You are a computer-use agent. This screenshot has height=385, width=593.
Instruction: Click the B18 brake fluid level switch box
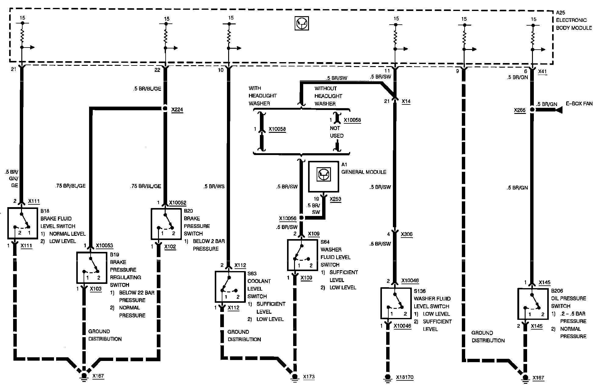click(x=21, y=223)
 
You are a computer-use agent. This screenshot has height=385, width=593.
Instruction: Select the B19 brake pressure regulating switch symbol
click(x=90, y=267)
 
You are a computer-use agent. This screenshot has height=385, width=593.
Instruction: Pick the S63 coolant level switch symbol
click(x=228, y=286)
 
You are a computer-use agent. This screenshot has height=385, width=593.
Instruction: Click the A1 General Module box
click(x=323, y=176)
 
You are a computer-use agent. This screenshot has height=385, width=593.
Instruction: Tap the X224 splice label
click(x=177, y=110)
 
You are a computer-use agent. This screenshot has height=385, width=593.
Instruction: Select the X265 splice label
click(x=519, y=110)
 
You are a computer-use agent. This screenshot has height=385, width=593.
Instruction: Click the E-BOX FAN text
click(x=579, y=104)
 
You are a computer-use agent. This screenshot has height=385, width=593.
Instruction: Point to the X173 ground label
click(x=309, y=377)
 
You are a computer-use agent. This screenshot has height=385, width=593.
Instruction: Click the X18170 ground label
click(x=405, y=377)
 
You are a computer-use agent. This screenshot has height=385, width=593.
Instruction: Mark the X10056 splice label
click(x=288, y=218)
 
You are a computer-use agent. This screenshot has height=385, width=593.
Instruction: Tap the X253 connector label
click(x=335, y=199)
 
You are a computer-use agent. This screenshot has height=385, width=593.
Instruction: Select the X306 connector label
click(x=406, y=234)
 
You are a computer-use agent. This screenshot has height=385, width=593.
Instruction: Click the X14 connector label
click(x=406, y=101)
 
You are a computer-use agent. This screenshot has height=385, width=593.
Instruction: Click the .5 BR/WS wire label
click(x=214, y=186)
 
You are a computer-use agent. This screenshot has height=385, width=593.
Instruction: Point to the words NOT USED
click(x=336, y=132)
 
